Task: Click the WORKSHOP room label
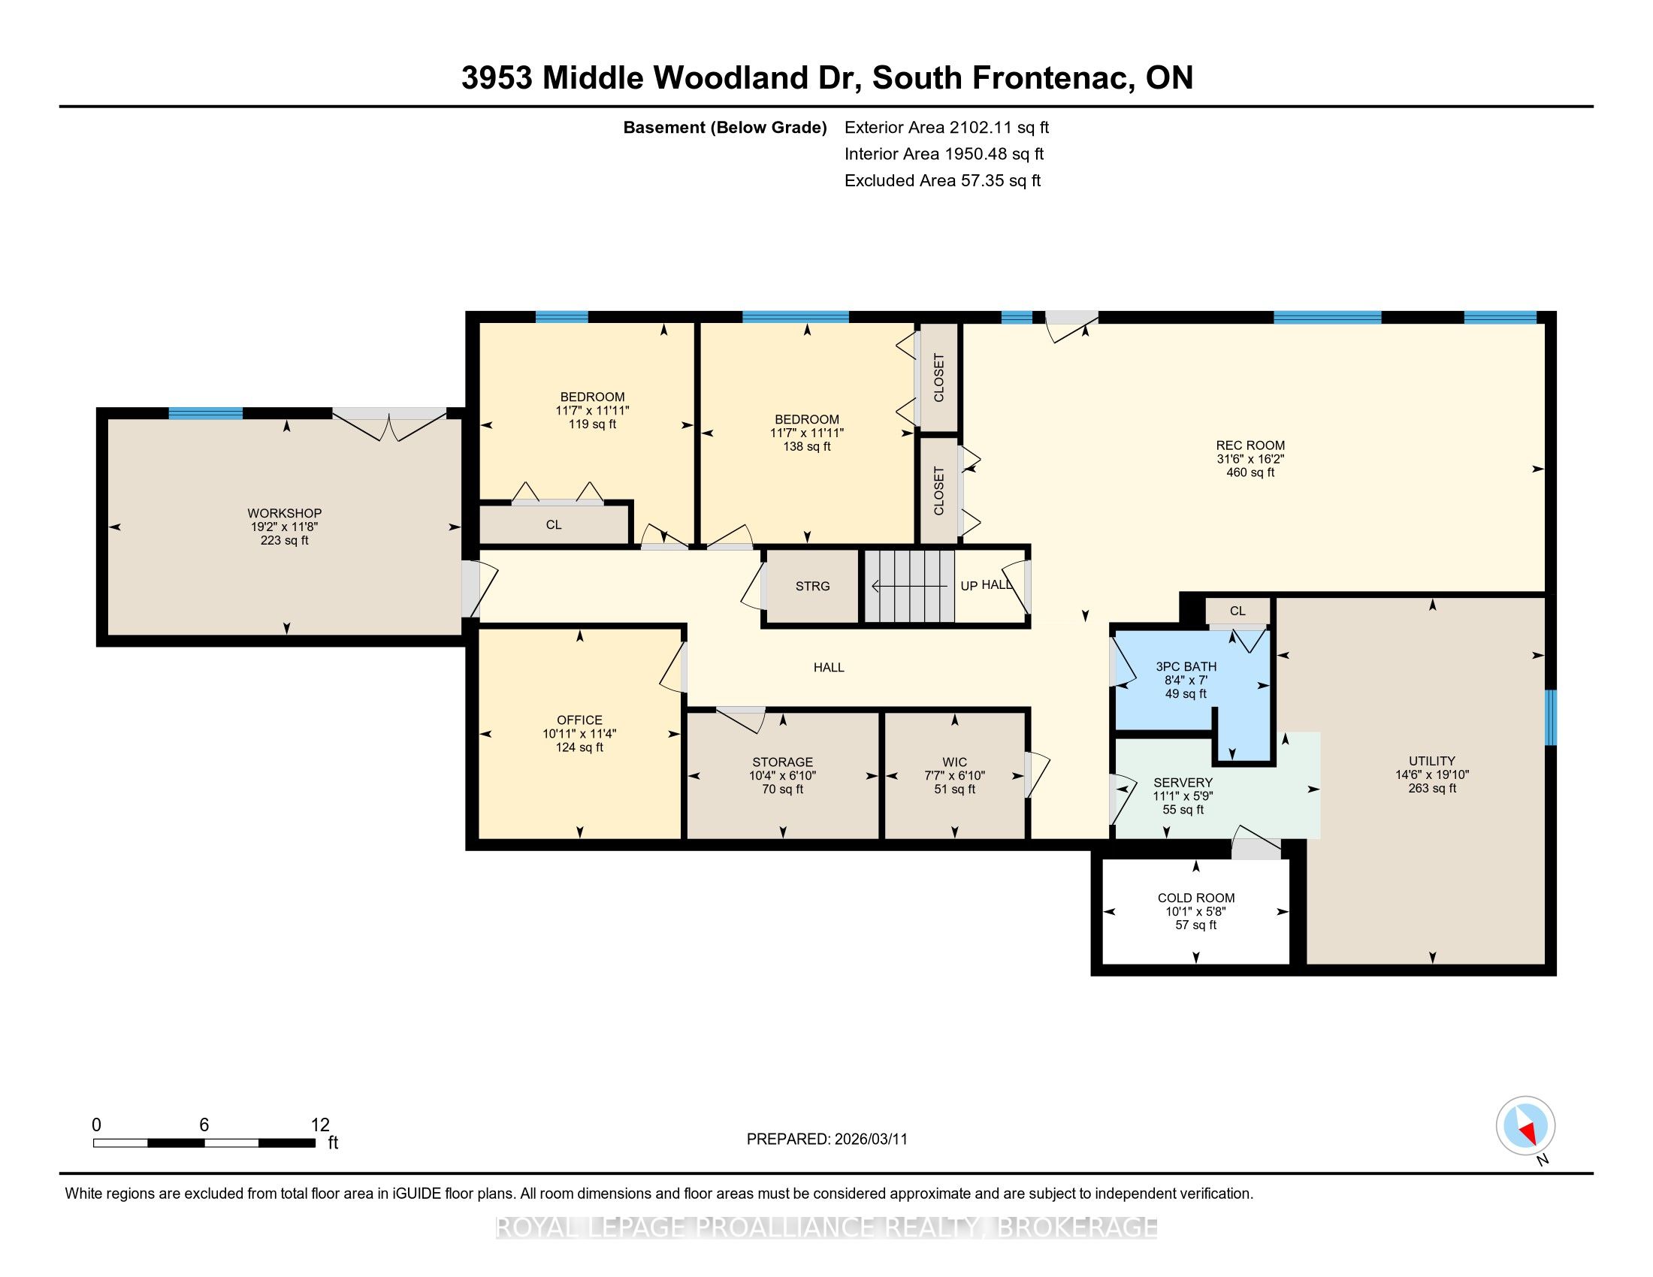coord(285,513)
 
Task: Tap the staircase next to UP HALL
coord(909,586)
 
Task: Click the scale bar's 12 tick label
coord(320,1125)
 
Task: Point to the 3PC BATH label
coord(1186,666)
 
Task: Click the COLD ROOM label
coord(1196,898)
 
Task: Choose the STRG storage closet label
coord(812,587)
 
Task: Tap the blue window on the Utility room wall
coord(1550,717)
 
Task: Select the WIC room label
coord(954,762)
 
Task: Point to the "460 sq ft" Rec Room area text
coord(1250,472)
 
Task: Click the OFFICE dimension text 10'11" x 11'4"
coord(580,734)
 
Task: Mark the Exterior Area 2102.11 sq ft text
coord(947,127)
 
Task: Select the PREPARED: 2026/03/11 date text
coord(826,1139)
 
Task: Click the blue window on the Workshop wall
coord(205,413)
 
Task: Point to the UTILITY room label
coord(1431,761)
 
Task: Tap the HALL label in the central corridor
coord(829,667)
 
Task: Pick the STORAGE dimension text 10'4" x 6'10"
coord(783,775)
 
